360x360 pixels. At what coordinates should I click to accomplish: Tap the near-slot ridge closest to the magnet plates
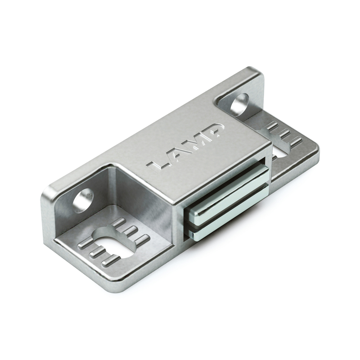point(143,239)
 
